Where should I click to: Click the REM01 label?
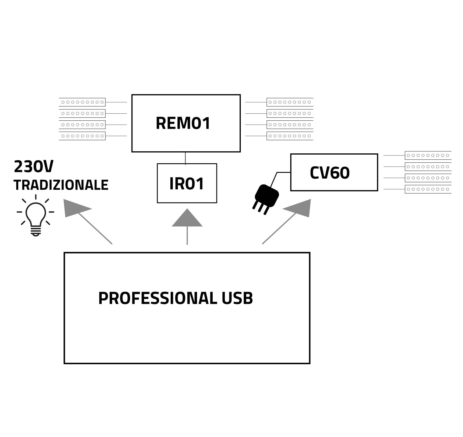[x=183, y=123]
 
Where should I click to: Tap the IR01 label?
[x=187, y=184]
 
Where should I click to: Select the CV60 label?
[x=330, y=173]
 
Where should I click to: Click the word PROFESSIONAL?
[x=157, y=298]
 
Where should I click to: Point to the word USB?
[x=237, y=298]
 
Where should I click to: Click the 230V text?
[x=34, y=167]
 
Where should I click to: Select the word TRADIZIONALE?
[x=61, y=185]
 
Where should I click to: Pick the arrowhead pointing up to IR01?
[x=187, y=218]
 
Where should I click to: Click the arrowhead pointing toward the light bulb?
[x=75, y=208]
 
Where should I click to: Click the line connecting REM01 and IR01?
[x=185, y=158]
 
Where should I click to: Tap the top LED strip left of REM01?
[x=82, y=102]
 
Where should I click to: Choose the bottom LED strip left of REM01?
[x=82, y=136]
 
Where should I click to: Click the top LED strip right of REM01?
[x=290, y=102]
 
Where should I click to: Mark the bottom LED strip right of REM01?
[x=290, y=136]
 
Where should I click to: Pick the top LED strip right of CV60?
[x=428, y=155]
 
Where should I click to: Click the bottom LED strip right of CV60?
[x=428, y=189]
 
